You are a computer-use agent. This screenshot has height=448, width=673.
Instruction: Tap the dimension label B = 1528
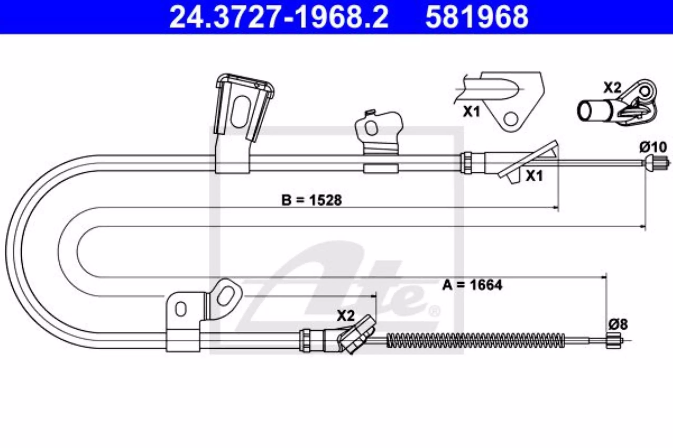312,200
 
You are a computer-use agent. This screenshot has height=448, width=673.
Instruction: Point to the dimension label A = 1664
472,285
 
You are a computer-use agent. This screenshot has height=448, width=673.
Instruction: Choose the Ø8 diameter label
618,324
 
